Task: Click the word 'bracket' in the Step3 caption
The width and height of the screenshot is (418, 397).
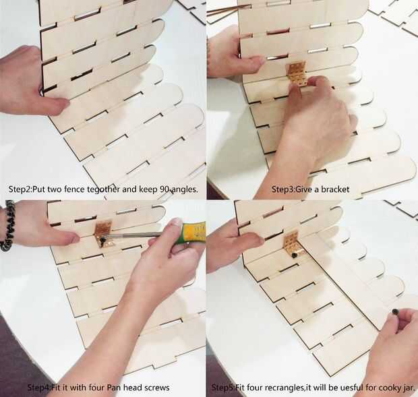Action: [335, 189]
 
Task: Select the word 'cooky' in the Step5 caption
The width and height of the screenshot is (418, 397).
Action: [388, 387]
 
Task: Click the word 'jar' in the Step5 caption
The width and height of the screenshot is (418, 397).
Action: [407, 387]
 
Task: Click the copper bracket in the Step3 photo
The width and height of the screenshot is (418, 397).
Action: [297, 73]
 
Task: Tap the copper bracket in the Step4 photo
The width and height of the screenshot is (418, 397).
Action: [104, 233]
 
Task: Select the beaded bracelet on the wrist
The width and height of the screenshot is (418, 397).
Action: [7, 225]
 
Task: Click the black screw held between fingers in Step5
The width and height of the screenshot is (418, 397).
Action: [395, 311]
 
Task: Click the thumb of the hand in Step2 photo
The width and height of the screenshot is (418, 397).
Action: [57, 104]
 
